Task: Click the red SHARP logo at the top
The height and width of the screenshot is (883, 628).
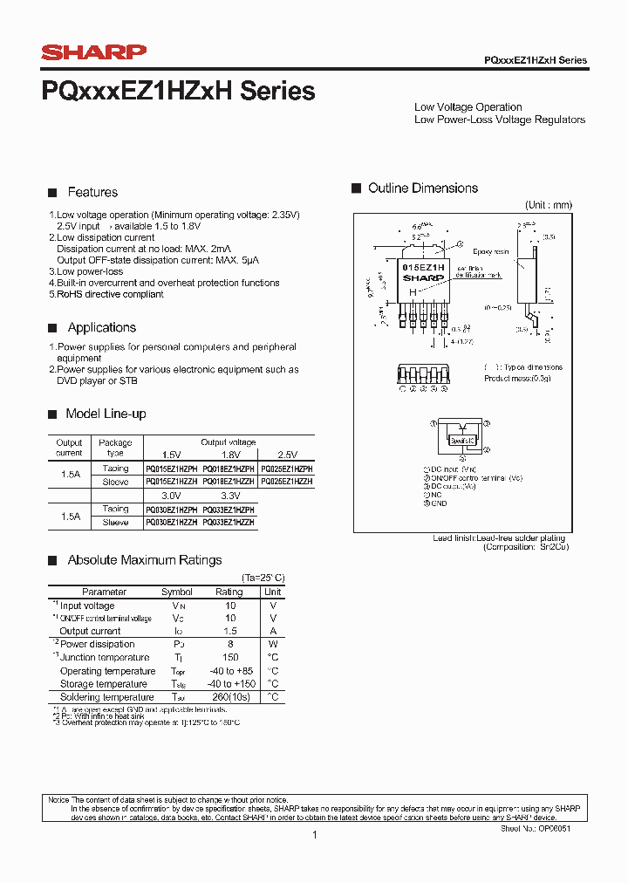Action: point(93,54)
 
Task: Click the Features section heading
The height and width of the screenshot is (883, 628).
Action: point(92,192)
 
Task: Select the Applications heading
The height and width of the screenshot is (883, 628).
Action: point(102,327)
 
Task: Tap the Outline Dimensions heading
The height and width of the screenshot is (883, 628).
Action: point(423,188)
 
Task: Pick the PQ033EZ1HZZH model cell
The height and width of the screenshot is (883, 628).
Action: point(229,522)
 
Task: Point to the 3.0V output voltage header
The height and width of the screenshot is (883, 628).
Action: point(171,496)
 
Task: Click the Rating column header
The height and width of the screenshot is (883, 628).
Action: point(229,592)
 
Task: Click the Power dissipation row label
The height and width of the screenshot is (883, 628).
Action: point(97,644)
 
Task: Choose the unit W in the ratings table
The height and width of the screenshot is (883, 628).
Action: point(272,644)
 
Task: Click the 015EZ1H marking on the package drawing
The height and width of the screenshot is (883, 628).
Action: point(423,267)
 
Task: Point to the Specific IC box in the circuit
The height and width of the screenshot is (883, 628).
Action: point(462,441)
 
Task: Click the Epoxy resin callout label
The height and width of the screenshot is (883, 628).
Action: point(490,251)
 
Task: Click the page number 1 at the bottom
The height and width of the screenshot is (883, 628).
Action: point(314,835)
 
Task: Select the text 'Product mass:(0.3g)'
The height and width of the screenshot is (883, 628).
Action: point(517,378)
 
